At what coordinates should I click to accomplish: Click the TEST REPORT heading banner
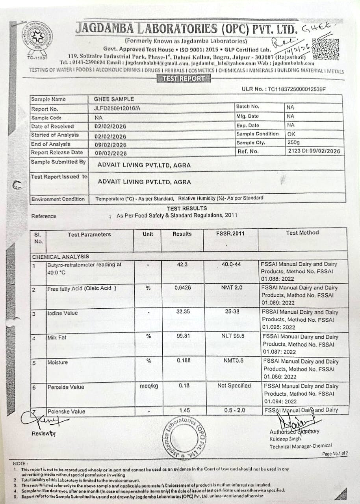coord(184,78)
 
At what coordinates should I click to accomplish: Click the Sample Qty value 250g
coord(293,142)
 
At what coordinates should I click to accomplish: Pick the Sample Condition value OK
coord(291,133)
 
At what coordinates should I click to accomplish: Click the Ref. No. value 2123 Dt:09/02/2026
coord(314,151)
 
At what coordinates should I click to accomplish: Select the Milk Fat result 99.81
coord(183,336)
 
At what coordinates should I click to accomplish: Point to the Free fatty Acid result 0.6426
coord(183,288)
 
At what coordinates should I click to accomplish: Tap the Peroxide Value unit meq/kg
coord(148,386)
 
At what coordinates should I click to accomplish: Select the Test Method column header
coord(302,233)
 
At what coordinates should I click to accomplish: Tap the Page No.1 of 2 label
coord(335,453)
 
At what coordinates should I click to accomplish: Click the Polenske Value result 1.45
coord(184,410)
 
